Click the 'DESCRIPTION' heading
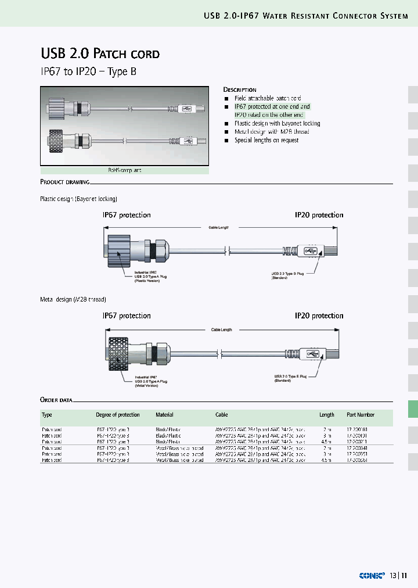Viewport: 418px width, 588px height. click(x=240, y=90)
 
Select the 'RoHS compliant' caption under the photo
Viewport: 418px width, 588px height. click(x=124, y=170)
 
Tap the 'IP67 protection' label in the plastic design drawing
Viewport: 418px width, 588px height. click(x=127, y=215)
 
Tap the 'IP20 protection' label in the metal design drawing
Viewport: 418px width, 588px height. click(x=319, y=316)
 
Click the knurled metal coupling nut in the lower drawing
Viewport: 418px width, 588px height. click(x=121, y=353)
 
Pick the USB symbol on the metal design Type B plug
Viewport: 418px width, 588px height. click(x=312, y=354)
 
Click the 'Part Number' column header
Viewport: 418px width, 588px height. click(x=361, y=415)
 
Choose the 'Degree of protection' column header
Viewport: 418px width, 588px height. click(x=118, y=415)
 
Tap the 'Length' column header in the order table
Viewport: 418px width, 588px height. click(x=327, y=415)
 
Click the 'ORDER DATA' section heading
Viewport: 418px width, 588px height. click(x=56, y=400)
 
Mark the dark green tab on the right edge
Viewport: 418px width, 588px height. click(x=413, y=409)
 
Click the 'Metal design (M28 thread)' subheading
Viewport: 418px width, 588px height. click(x=73, y=300)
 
